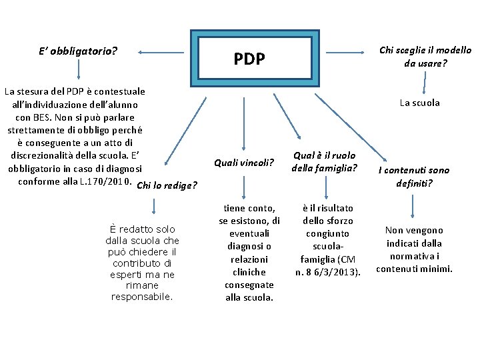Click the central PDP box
coord(251,59)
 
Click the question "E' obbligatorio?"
coord(79,50)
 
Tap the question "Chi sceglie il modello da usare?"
coord(425,57)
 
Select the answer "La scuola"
coord(419,103)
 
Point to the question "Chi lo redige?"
coord(166,185)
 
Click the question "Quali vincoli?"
coord(244,162)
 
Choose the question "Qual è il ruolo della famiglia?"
coord(324,161)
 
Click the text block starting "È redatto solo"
coord(142,263)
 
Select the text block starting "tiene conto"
coord(249,253)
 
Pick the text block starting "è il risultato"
coord(327,240)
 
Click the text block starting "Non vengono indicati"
coord(414,249)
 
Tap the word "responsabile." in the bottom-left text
coord(142,297)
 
